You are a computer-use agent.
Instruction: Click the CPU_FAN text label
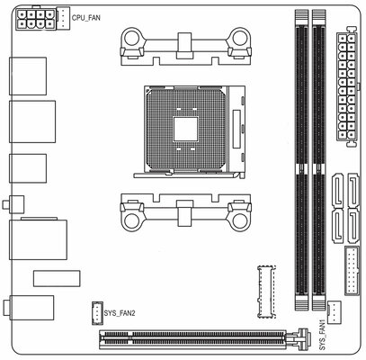(x=86, y=18)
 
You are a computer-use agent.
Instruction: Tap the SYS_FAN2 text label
(x=120, y=313)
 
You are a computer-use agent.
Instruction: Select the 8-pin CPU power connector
(x=36, y=19)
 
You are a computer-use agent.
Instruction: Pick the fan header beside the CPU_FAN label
(x=63, y=18)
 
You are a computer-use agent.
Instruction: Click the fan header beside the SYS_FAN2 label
(x=97, y=313)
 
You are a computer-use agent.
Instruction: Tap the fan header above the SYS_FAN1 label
(x=335, y=312)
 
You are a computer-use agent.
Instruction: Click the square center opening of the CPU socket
(x=186, y=129)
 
